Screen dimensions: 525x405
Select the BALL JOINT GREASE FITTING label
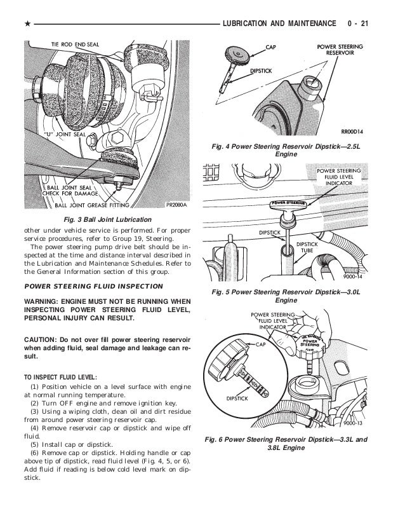pos(93,205)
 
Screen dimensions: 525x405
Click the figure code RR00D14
pos(352,132)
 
